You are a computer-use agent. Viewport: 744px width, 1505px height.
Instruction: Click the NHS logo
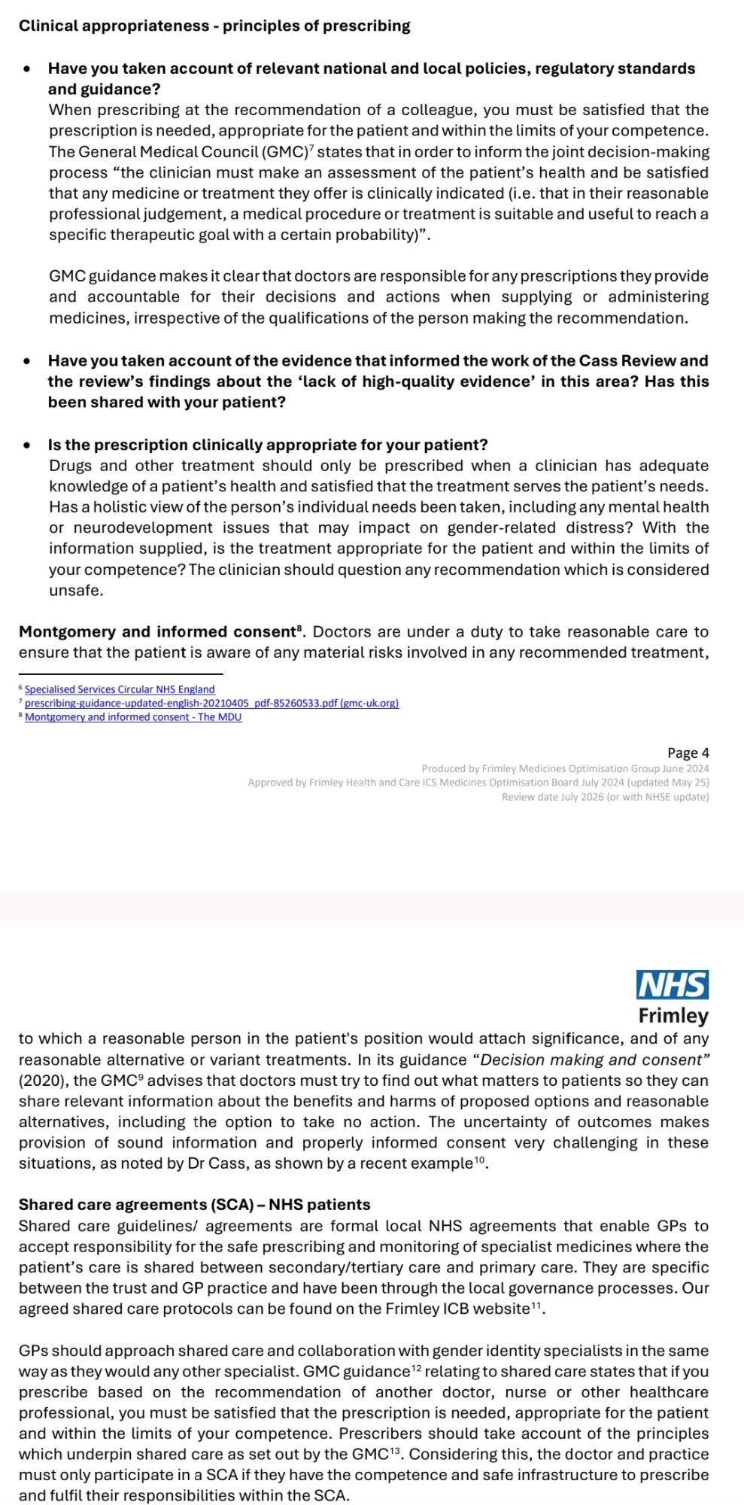(673, 984)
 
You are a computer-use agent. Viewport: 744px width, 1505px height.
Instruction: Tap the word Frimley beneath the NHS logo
(673, 1016)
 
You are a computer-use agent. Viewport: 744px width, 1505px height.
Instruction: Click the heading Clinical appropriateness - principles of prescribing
(214, 26)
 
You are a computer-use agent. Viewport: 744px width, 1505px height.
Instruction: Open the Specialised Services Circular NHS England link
(120, 689)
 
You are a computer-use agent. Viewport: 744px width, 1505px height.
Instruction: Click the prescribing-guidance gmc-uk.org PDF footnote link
(211, 703)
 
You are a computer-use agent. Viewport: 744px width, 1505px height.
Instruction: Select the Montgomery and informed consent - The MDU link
(133, 717)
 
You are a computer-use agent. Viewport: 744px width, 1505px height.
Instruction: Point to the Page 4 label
(688, 752)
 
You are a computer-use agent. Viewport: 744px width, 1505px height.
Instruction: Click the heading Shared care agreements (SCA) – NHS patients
(194, 1205)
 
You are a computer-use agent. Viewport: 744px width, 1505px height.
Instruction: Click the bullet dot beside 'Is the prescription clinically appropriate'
(28, 445)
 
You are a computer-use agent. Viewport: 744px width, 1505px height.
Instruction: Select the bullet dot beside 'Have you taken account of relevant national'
(28, 68)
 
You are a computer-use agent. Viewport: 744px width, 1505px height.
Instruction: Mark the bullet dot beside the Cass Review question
(28, 361)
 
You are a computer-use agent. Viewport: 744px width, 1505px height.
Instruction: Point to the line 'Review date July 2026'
(605, 797)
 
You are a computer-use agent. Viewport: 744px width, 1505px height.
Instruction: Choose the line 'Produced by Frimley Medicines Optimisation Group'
(565, 769)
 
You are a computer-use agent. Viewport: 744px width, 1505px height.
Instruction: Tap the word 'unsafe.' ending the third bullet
(76, 591)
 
